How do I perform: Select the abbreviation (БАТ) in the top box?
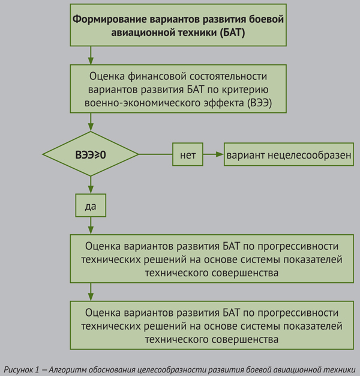click(232, 32)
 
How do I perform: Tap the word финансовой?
click(157, 76)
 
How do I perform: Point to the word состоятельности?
click(228, 76)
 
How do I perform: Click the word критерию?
click(245, 90)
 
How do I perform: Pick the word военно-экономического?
click(143, 103)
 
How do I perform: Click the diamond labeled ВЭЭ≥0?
click(91, 154)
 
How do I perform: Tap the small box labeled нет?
click(188, 154)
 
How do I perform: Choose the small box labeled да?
click(91, 205)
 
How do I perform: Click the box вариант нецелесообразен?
click(289, 154)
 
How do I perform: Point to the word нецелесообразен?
click(309, 155)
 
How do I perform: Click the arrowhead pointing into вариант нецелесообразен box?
click(220, 154)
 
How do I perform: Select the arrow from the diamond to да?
click(91, 185)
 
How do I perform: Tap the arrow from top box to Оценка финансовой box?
click(91, 55)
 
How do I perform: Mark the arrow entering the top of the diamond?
click(91, 122)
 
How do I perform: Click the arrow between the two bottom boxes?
click(91, 292)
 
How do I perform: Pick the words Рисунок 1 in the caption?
click(22, 370)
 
